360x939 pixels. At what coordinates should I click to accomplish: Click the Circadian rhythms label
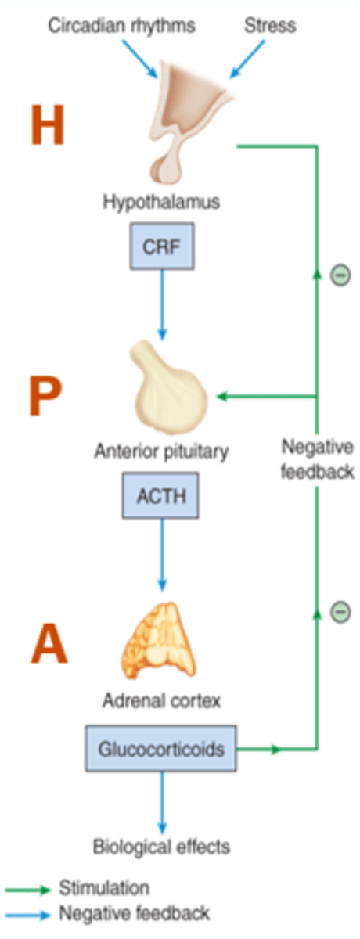pos(121,25)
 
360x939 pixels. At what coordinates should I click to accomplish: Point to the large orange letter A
pos(49,643)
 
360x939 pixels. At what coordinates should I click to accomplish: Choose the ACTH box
pos(160,497)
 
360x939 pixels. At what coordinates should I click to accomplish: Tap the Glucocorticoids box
pos(161,749)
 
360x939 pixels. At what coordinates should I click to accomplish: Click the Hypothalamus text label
pos(161,202)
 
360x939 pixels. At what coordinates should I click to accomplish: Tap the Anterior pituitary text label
pos(161,451)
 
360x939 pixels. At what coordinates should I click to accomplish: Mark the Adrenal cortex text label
pos(161,700)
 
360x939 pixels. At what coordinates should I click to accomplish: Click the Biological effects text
pos(161,846)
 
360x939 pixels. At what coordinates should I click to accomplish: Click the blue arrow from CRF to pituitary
pos(161,305)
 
